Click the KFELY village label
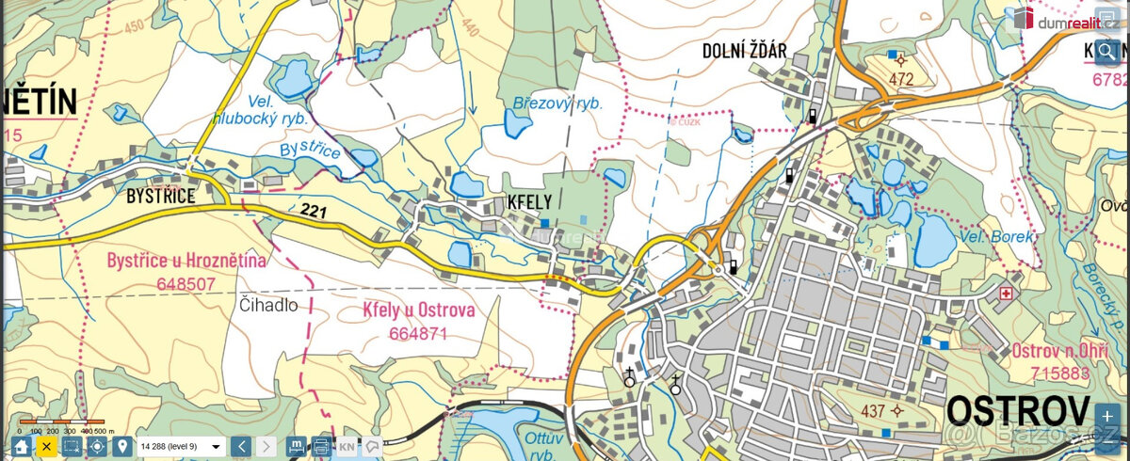coord(530,202)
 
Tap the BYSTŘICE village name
coord(161,196)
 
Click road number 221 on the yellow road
coord(314,213)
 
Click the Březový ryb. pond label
coord(557,103)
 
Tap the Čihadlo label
coord(268,306)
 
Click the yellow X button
coord(45,446)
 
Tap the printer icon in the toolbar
coord(321,446)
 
